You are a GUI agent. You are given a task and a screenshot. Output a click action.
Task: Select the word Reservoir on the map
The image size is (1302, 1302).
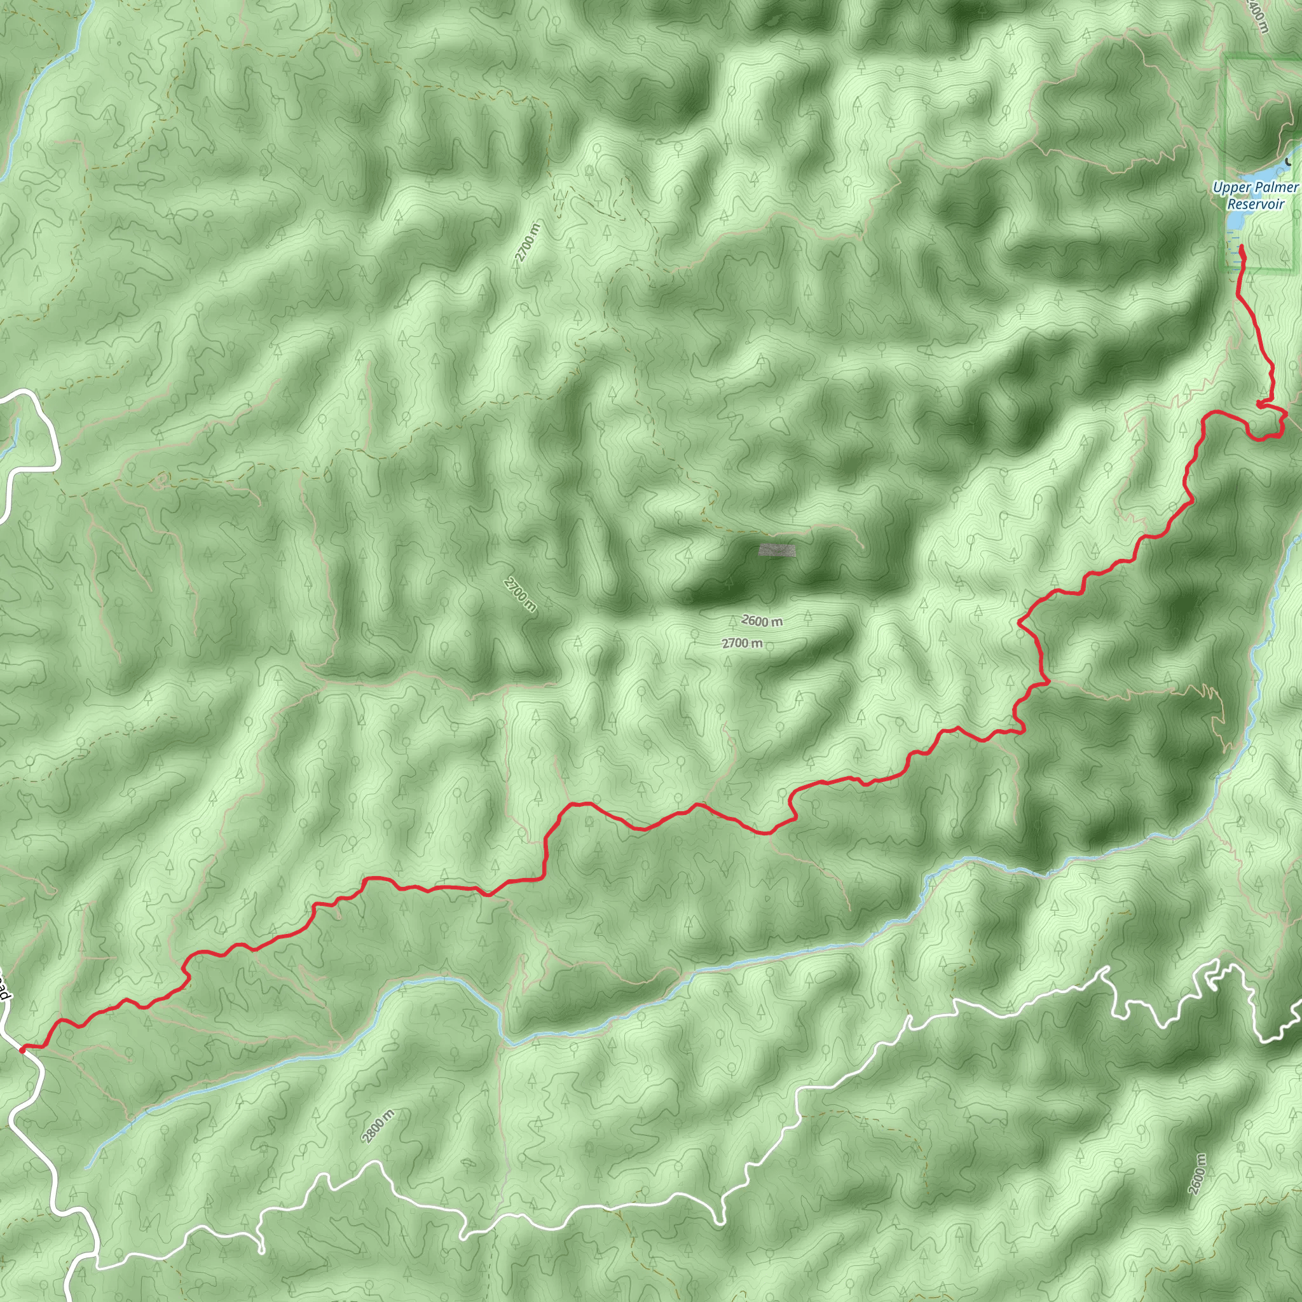coord(1255,203)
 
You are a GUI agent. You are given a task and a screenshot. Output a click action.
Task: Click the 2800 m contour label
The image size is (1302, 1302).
coord(378,1125)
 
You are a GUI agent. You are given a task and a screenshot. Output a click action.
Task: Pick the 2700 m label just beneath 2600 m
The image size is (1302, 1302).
coord(742,643)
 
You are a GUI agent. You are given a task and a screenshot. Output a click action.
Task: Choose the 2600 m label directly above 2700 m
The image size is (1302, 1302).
coord(762,620)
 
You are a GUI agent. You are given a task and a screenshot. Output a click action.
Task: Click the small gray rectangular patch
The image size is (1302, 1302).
coord(777,551)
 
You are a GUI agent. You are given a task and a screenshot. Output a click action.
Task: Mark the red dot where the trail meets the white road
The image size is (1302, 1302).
coord(22,1049)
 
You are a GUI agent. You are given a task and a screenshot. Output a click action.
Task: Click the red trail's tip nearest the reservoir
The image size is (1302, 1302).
coord(1241,249)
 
